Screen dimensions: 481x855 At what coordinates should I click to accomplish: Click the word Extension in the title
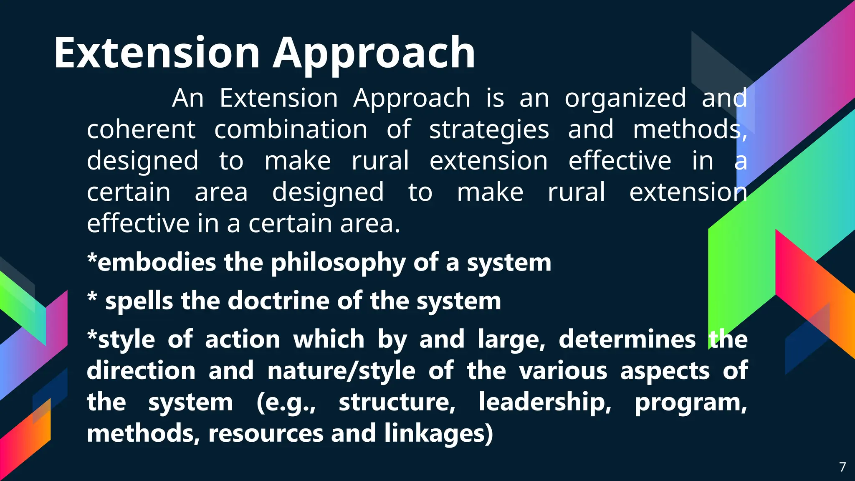[x=157, y=53]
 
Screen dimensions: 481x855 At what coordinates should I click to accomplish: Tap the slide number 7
[x=842, y=467]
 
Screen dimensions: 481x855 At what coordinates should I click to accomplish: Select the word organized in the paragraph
[x=625, y=99]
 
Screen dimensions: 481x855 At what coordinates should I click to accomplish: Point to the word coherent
[x=141, y=129]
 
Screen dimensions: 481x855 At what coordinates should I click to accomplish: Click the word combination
[x=291, y=129]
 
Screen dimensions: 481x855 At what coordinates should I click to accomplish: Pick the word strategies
[x=489, y=130]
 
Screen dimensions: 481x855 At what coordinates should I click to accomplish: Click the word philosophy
[x=338, y=263]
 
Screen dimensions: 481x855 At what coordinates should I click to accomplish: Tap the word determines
[x=627, y=339]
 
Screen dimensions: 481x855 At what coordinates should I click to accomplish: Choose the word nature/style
[x=341, y=371]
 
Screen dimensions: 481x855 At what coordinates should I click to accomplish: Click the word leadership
[x=544, y=402]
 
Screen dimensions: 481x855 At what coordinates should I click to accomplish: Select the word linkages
[x=438, y=433]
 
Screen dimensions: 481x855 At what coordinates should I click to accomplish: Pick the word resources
[x=266, y=433]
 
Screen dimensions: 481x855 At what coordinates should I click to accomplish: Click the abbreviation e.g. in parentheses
[x=286, y=403]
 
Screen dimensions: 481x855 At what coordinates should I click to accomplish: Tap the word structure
[x=397, y=402]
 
